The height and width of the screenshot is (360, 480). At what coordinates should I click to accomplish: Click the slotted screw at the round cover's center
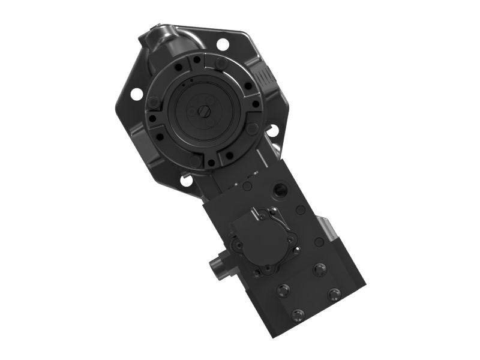point(205,111)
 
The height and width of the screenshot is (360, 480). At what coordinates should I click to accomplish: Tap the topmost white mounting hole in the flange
point(223,44)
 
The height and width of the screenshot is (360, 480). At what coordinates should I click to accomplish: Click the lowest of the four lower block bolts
point(298,314)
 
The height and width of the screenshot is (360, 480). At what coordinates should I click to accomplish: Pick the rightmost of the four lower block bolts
point(334,293)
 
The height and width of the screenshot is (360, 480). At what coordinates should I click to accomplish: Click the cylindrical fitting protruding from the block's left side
point(217,266)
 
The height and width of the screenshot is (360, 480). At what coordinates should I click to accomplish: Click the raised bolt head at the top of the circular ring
point(221,62)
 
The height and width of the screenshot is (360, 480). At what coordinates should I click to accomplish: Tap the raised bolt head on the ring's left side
point(154,102)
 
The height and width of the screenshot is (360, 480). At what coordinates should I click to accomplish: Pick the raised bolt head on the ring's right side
point(253,128)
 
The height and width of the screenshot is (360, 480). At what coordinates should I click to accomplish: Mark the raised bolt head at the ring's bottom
point(195,161)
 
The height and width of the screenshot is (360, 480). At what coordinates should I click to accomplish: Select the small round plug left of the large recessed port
point(247,186)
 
